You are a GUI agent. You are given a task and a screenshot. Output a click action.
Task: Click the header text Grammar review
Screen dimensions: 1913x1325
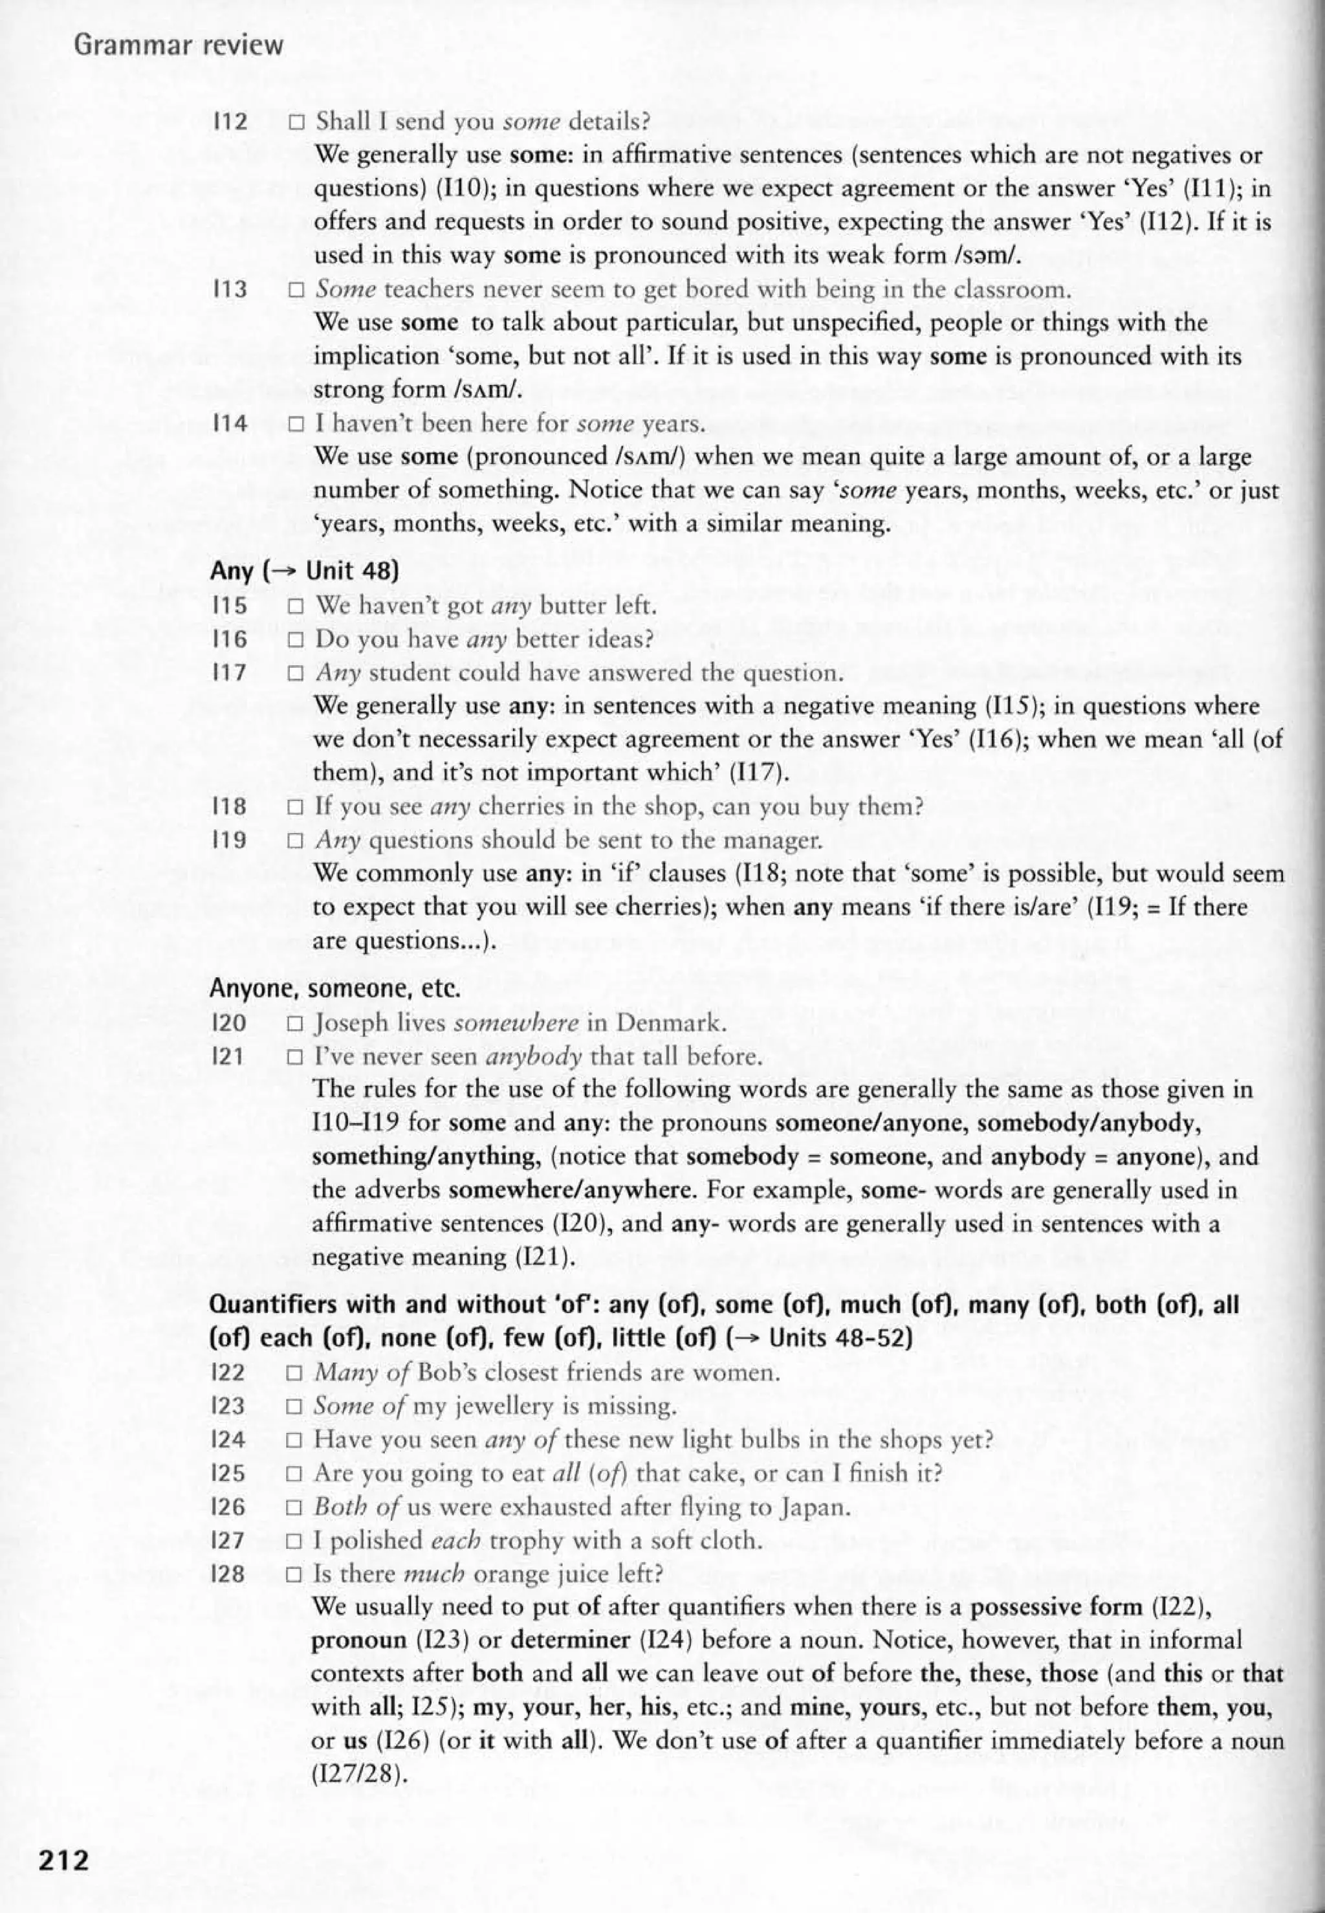pos(179,46)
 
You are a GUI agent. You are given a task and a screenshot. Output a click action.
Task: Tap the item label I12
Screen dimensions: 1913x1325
pos(230,122)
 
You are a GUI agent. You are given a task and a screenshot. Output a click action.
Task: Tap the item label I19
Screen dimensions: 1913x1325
pos(230,840)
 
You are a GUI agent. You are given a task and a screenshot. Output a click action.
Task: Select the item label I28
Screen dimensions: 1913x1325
pos(229,1575)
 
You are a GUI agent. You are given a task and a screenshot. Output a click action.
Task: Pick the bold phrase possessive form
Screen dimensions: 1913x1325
pos(1056,1608)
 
